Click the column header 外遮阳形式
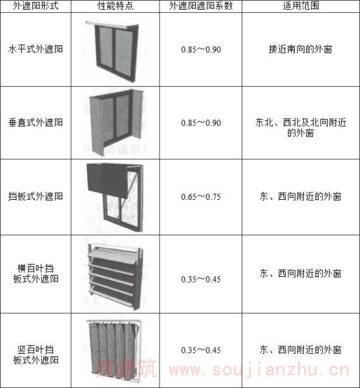[36, 6]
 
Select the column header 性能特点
[115, 6]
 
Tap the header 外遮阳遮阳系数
[201, 6]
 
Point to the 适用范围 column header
[301, 6]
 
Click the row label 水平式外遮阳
[36, 49]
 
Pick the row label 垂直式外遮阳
[36, 122]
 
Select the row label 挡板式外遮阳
[36, 196]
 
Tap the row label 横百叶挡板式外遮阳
[36, 274]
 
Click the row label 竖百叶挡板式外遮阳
[36, 354]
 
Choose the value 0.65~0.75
[201, 197]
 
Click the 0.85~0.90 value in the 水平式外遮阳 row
[201, 50]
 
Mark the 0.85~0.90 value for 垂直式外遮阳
[201, 123]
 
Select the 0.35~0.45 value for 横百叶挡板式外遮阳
[201, 279]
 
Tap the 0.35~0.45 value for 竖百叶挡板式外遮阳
[201, 350]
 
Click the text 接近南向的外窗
[301, 49]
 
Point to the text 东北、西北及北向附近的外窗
[301, 127]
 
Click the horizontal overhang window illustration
[112, 52]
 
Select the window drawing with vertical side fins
[116, 123]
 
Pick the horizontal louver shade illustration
[116, 277]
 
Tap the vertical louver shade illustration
[114, 350]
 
